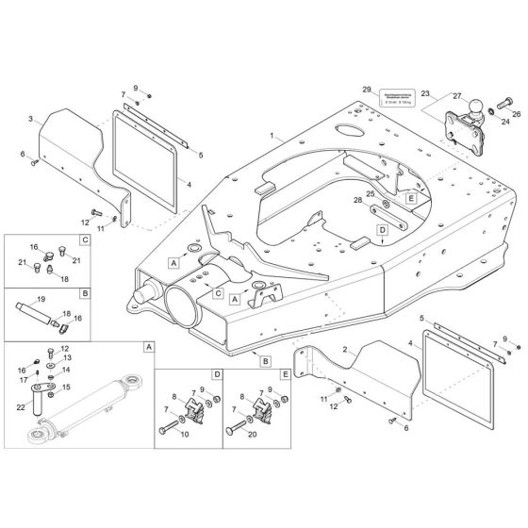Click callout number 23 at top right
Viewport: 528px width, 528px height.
coord(425,93)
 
